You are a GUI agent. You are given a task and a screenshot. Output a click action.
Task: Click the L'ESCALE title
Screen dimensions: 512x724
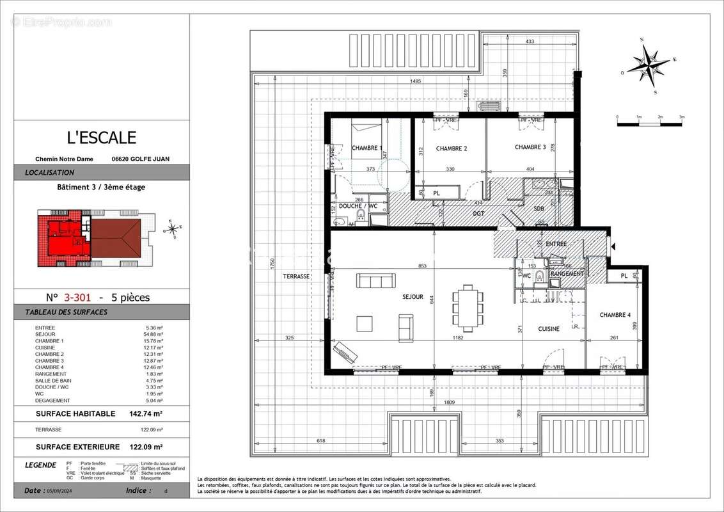click(x=102, y=138)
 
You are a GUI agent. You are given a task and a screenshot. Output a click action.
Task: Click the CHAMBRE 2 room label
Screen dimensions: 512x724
click(x=452, y=148)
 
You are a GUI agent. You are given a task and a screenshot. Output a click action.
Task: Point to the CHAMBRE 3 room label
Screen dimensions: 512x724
click(x=530, y=147)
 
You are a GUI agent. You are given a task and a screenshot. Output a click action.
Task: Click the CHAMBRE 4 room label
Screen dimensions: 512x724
click(x=615, y=315)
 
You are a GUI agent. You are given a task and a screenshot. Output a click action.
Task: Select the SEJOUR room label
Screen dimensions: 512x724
click(x=413, y=297)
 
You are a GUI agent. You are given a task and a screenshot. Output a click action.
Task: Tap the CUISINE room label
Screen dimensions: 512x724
click(x=549, y=328)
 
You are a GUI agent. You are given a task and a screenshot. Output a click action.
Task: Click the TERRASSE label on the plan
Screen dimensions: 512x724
click(x=296, y=276)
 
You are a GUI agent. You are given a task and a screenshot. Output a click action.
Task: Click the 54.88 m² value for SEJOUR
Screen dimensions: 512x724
click(x=153, y=334)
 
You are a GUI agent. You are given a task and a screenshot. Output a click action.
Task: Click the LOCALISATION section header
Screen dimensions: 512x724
click(x=50, y=173)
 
